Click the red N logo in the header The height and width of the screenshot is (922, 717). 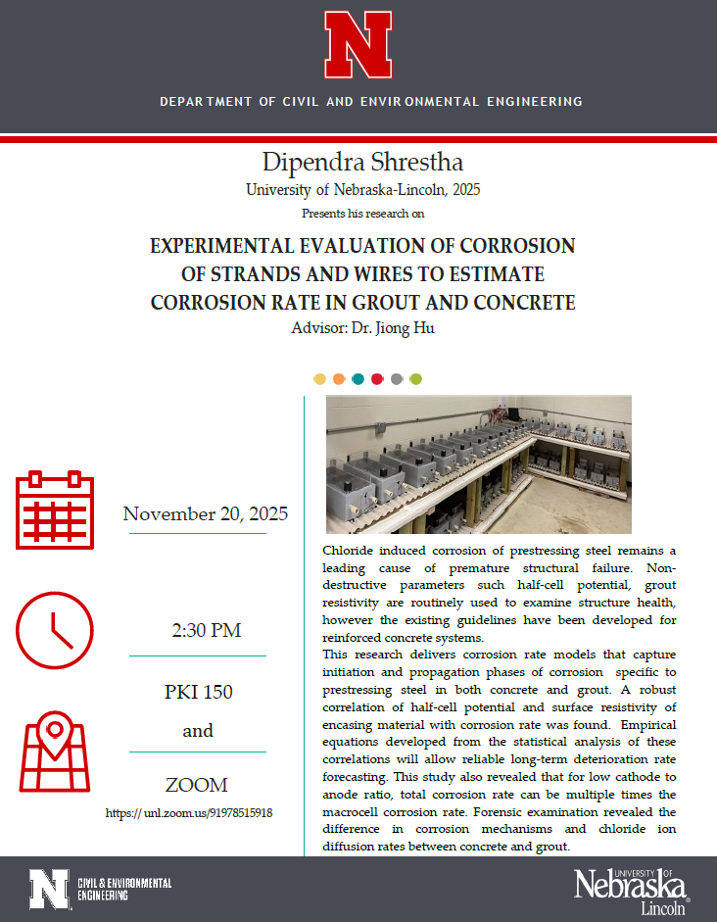click(358, 45)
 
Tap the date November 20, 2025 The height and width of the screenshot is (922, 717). click(206, 513)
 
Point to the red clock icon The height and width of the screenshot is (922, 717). click(56, 630)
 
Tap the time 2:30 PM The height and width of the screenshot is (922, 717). click(206, 630)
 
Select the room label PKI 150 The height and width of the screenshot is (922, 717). click(198, 692)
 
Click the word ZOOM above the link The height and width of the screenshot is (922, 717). click(198, 785)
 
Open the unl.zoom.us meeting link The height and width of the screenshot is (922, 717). click(189, 812)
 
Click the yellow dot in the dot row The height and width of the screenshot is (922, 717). click(319, 379)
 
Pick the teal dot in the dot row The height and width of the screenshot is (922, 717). click(358, 379)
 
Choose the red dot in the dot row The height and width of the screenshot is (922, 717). click(377, 379)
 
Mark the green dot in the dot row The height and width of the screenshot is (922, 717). click(415, 379)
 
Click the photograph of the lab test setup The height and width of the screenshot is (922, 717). click(478, 463)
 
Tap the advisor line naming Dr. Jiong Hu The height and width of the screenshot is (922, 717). click(362, 328)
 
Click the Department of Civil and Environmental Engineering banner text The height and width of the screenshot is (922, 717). click(370, 102)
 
